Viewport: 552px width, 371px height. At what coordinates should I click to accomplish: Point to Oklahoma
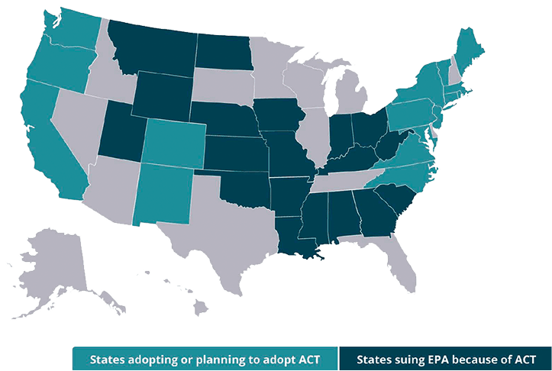click(x=248, y=187)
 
